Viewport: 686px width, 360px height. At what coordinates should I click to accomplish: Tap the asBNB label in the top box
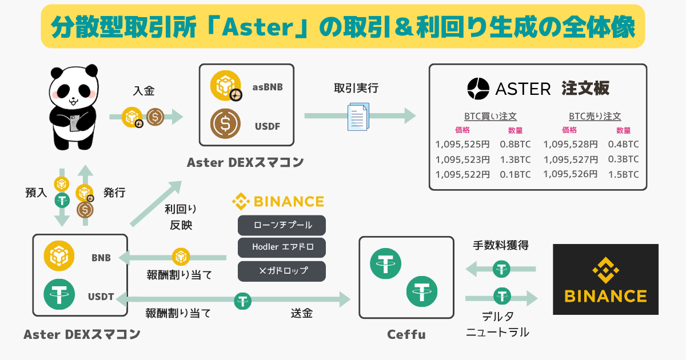coord(268,87)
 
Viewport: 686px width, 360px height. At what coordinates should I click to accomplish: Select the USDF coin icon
coord(225,123)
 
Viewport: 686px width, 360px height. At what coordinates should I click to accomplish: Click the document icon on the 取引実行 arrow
coord(358,117)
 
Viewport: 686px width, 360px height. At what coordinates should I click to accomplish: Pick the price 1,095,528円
coord(571,144)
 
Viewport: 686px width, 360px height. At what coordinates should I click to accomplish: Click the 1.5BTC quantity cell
coord(623,174)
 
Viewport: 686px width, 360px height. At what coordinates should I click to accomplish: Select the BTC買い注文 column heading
coord(490,115)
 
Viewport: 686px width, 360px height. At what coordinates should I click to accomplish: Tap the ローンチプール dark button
coord(282,225)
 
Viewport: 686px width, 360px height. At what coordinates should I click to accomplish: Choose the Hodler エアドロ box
coord(282,247)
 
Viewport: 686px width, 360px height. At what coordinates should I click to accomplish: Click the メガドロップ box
coord(282,270)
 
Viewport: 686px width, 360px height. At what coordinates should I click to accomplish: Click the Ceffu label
coord(406,334)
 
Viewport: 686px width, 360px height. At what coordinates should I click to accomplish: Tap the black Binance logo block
coord(605,279)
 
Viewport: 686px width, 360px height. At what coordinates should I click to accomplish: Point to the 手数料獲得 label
coord(501,246)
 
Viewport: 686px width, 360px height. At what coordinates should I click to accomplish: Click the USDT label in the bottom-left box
coord(101,297)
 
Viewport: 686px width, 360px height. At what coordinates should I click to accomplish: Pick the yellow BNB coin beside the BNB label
coord(60,257)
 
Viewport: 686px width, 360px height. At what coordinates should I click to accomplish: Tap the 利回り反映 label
coord(178,218)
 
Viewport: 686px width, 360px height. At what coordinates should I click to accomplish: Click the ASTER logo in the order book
coord(509,89)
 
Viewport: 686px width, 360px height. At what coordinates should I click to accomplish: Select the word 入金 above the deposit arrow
coord(144,90)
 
